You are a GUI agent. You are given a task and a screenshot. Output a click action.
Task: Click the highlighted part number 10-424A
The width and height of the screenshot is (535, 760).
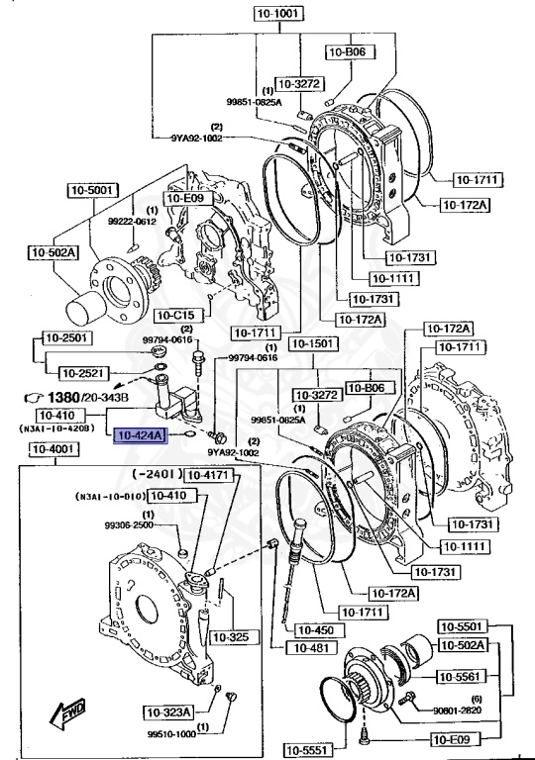coord(141,433)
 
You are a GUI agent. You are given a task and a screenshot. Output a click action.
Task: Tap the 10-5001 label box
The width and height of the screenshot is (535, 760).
coord(92,189)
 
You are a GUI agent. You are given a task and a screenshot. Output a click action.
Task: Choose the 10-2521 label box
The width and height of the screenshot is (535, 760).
coord(83,373)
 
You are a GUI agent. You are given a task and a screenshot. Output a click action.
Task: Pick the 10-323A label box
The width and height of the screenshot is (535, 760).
coord(167,712)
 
